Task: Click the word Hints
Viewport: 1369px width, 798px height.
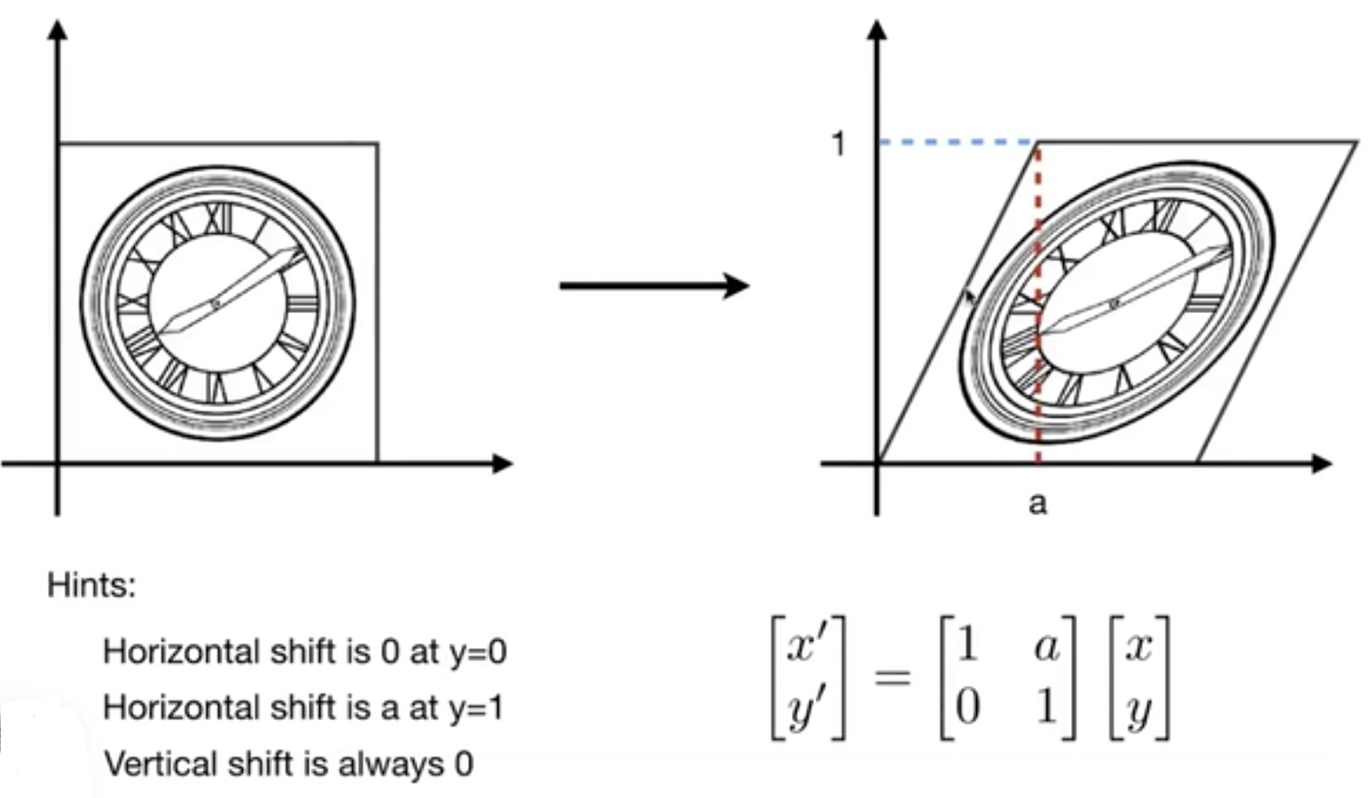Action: coord(91,585)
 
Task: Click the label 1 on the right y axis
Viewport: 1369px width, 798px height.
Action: coord(839,144)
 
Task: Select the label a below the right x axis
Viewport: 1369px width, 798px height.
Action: coord(1037,504)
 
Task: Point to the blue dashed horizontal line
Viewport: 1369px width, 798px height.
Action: coord(958,142)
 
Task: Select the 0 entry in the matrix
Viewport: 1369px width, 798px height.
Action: coord(967,707)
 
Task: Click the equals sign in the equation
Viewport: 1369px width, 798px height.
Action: coord(892,677)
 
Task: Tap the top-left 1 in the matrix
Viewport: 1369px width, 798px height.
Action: coord(967,644)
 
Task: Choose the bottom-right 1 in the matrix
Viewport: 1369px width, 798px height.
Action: coord(1046,707)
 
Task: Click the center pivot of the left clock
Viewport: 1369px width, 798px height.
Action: coord(215,304)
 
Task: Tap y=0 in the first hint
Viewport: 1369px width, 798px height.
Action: coord(477,652)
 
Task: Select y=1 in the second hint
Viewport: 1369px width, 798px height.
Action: coord(473,708)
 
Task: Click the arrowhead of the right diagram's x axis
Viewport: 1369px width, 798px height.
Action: coord(1321,463)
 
